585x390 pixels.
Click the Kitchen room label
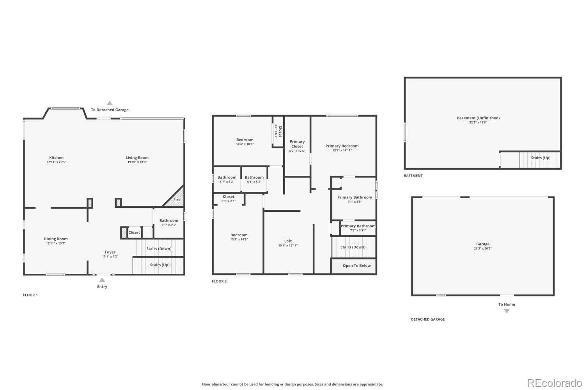click(x=56, y=158)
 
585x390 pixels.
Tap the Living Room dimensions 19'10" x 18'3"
click(x=137, y=162)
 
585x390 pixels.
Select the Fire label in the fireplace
click(x=177, y=200)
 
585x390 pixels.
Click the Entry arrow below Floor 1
click(x=102, y=280)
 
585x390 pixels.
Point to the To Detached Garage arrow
click(x=110, y=103)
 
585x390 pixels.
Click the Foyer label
click(x=110, y=252)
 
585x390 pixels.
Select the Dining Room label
click(x=55, y=239)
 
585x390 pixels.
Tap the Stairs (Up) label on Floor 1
click(x=160, y=265)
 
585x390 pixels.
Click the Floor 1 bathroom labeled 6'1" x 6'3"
click(x=168, y=222)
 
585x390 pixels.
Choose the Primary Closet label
click(x=297, y=144)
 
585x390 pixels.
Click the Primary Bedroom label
click(x=342, y=146)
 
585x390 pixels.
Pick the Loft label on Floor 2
click(x=288, y=241)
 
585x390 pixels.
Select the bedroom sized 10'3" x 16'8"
click(x=239, y=237)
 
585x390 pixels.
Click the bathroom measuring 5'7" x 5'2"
click(x=227, y=179)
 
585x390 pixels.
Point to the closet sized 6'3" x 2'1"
click(x=229, y=199)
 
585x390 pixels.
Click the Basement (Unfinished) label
click(x=478, y=118)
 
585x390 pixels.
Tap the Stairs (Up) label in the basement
click(x=541, y=158)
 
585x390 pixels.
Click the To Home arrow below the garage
click(x=507, y=311)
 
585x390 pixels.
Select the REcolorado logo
click(x=554, y=383)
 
